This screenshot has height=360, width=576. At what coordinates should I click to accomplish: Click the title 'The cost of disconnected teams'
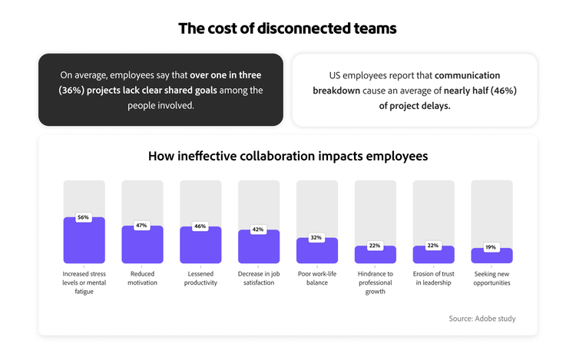[x=288, y=29]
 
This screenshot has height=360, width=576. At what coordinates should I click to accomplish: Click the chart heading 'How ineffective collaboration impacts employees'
[x=288, y=156]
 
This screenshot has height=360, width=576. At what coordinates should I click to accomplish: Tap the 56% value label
[x=84, y=217]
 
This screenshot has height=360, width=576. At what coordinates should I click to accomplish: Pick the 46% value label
[x=200, y=226]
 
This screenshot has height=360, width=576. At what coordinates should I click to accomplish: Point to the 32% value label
[x=316, y=238]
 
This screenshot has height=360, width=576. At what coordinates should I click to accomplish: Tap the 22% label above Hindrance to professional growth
[x=375, y=246]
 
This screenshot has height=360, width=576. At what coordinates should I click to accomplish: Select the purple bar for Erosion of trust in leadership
[x=433, y=256]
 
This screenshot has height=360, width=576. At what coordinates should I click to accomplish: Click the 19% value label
[x=492, y=247]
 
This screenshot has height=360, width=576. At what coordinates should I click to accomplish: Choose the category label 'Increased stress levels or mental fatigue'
[x=84, y=282]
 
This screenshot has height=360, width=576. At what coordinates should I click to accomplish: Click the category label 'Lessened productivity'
[x=200, y=278]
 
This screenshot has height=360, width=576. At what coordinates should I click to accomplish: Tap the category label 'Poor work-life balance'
[x=316, y=278]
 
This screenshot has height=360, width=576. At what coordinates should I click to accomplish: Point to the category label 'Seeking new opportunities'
[x=492, y=278]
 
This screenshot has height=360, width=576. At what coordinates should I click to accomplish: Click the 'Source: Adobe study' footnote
[x=482, y=319]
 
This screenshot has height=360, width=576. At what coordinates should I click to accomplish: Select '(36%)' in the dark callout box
[x=74, y=91]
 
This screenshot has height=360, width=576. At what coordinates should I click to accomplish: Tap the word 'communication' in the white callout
[x=467, y=75]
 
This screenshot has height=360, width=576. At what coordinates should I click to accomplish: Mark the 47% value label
[x=142, y=226]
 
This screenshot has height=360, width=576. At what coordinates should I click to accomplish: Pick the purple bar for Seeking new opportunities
[x=492, y=257]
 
